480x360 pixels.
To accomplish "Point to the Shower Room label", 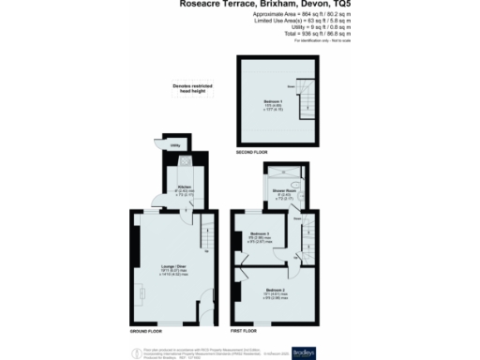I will tap(284, 192).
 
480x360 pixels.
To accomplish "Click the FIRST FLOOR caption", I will tap(245, 331).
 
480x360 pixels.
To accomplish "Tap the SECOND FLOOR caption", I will tap(251, 151).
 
